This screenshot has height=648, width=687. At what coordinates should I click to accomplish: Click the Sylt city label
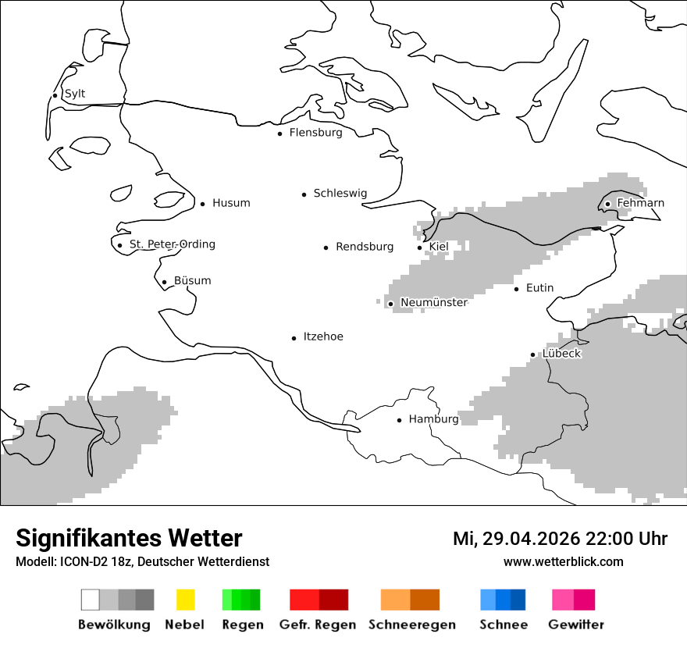pyautogui.click(x=75, y=94)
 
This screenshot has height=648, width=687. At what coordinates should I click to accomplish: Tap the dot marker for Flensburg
pyautogui.click(x=280, y=134)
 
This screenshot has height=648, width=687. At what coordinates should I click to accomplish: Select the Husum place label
pyautogui.click(x=231, y=203)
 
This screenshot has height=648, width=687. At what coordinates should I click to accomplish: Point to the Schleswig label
pyautogui.click(x=340, y=194)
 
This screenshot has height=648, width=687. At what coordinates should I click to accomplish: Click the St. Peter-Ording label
pyautogui.click(x=172, y=244)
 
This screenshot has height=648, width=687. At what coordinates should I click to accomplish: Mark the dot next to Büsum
pyautogui.click(x=164, y=283)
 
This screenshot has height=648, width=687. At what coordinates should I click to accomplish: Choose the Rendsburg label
pyautogui.click(x=365, y=247)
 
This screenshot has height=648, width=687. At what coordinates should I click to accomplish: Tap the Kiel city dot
pyautogui.click(x=420, y=247)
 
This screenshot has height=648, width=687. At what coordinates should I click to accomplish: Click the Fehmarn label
pyautogui.click(x=640, y=203)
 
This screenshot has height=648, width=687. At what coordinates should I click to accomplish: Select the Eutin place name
pyautogui.click(x=539, y=288)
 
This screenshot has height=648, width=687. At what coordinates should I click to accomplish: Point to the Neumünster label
pyautogui.click(x=433, y=302)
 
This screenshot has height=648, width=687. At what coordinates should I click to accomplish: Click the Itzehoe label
pyautogui.click(x=323, y=336)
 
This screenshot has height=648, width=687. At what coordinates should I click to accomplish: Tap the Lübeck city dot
pyautogui.click(x=533, y=355)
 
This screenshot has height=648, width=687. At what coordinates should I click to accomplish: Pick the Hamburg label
pyautogui.click(x=433, y=419)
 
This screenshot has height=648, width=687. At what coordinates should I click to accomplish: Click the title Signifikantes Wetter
pyautogui.click(x=129, y=539)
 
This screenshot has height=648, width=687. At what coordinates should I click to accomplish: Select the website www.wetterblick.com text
pyautogui.click(x=563, y=561)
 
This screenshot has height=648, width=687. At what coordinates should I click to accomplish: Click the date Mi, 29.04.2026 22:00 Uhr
pyautogui.click(x=560, y=539)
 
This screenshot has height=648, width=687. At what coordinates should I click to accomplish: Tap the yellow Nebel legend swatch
pyautogui.click(x=185, y=600)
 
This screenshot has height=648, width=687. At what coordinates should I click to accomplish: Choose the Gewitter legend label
pyautogui.click(x=575, y=625)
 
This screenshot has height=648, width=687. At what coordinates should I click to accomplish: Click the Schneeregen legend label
pyautogui.click(x=411, y=625)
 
